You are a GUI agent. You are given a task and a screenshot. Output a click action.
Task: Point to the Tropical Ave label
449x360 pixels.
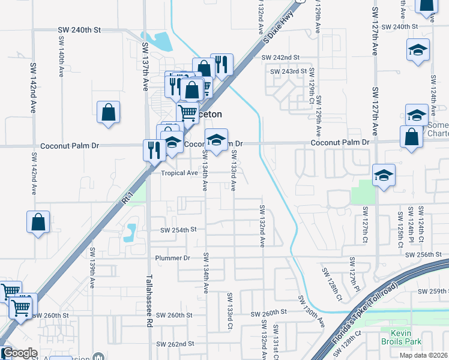179,173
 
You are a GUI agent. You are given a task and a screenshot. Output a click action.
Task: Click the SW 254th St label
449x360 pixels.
178,230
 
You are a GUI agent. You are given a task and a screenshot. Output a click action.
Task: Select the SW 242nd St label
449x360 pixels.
280,58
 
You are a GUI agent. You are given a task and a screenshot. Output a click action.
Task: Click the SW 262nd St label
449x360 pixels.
176,344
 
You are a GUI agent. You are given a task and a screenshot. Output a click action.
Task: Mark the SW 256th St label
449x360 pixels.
427,255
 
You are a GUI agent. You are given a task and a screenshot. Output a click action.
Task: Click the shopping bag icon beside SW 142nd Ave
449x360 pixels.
38,222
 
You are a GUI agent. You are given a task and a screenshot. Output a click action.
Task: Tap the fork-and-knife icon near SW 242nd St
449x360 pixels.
222,64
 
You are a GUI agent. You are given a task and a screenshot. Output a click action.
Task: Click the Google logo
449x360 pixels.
19,353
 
